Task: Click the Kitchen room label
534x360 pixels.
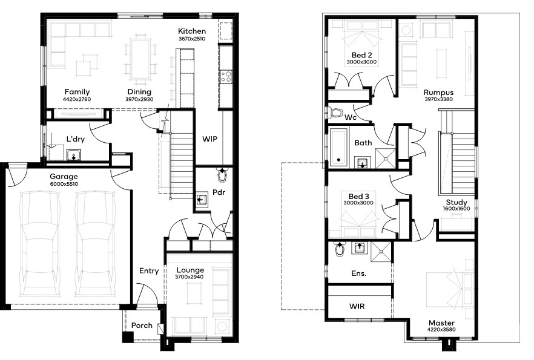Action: point(192,31)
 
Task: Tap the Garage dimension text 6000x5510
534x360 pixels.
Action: point(64,184)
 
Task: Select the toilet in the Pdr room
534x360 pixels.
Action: point(222,175)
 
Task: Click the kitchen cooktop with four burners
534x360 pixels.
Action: point(226,77)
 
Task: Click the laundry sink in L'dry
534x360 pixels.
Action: point(74,155)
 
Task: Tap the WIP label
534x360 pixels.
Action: point(209,139)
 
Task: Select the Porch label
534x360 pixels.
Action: point(142,326)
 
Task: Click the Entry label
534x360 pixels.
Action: point(149,271)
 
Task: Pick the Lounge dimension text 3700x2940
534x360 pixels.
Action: point(190,277)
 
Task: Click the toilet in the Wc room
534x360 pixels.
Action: point(335,113)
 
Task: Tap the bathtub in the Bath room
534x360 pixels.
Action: point(338,147)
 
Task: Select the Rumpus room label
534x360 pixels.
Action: point(438,93)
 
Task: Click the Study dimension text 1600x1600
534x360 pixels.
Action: point(457,209)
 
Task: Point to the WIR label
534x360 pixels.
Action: point(357,306)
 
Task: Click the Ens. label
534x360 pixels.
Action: point(359,273)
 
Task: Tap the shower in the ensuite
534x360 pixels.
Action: point(381,252)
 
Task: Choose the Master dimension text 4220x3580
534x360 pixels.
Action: point(441,329)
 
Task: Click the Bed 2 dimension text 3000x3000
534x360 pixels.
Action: point(361,62)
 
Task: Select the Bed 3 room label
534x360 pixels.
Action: point(358,196)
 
